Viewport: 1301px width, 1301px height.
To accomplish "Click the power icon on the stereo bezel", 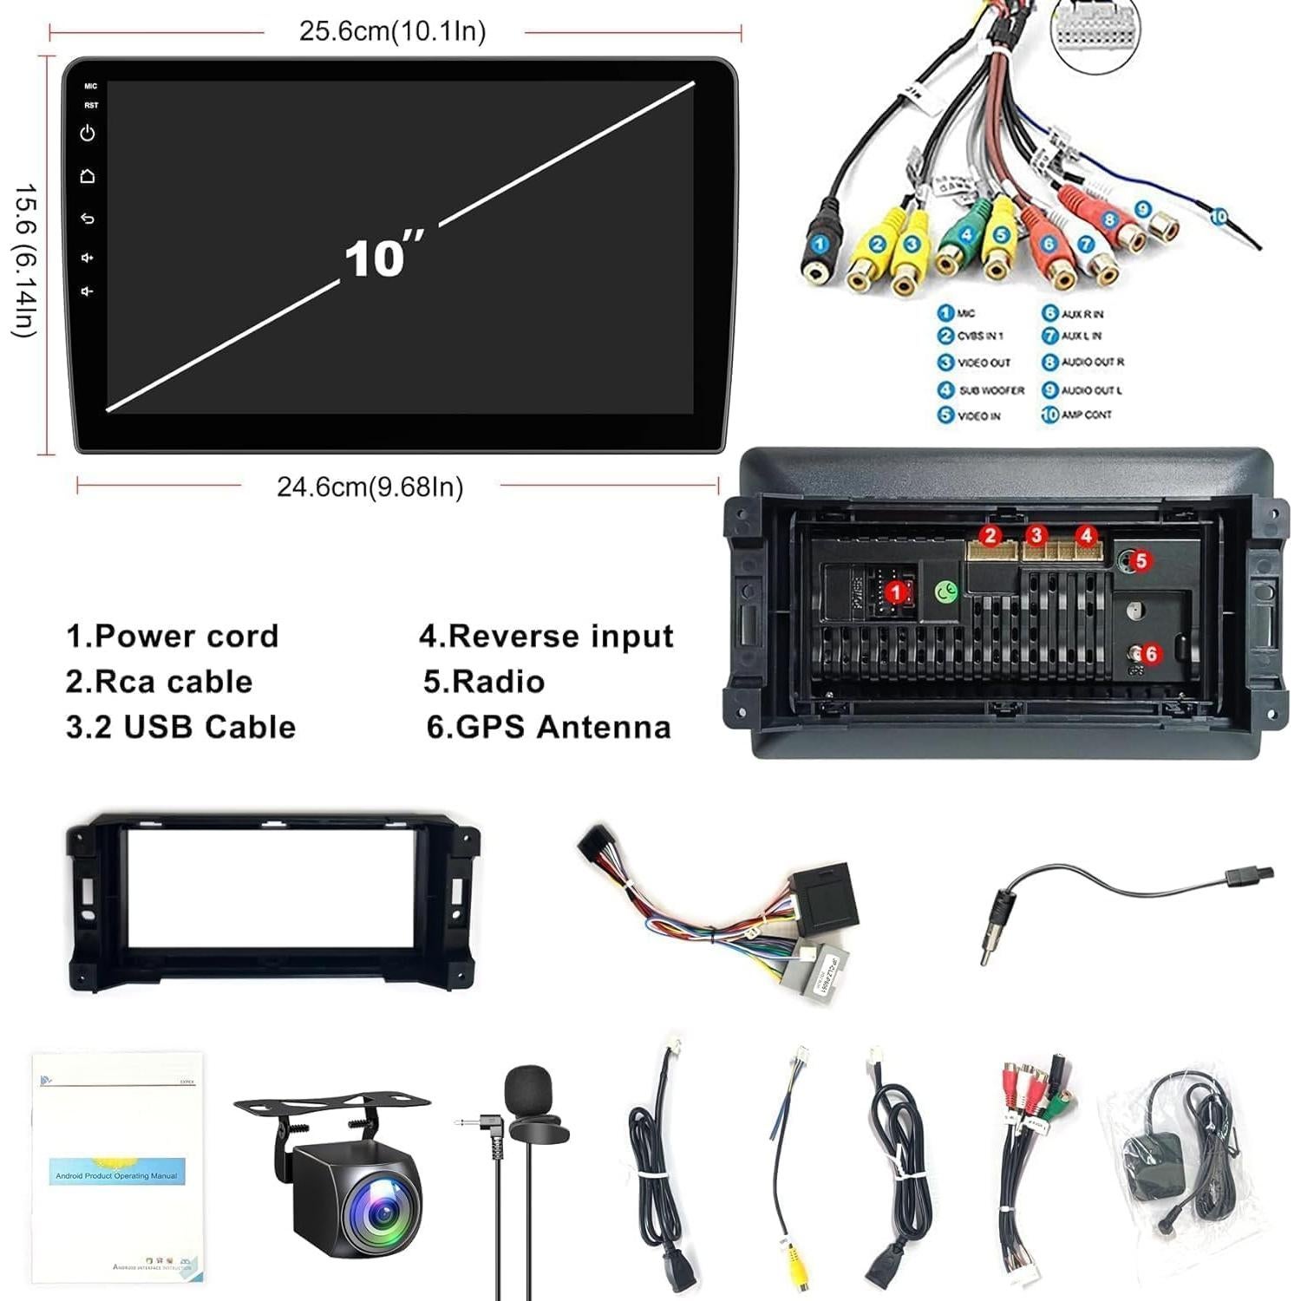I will click(x=88, y=134).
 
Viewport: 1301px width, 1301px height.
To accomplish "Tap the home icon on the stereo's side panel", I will click(x=88, y=176).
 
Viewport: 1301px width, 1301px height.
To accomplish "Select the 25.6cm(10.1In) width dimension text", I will click(x=392, y=31).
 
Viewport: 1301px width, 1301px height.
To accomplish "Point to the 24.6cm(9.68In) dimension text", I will click(x=370, y=487).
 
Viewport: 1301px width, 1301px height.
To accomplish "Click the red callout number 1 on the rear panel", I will click(x=897, y=592).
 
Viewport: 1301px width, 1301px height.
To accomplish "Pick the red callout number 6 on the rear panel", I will click(x=1151, y=653).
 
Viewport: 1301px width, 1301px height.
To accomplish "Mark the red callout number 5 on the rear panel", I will click(x=1141, y=561).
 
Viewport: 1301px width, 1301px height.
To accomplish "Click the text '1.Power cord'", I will click(x=173, y=636).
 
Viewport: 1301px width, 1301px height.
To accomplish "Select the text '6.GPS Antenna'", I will click(x=548, y=727).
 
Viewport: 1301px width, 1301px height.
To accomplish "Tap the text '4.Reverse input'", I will click(x=546, y=636).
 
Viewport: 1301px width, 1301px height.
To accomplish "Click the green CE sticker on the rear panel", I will click(x=946, y=592).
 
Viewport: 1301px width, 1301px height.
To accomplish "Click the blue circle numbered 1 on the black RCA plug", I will click(x=819, y=244).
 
